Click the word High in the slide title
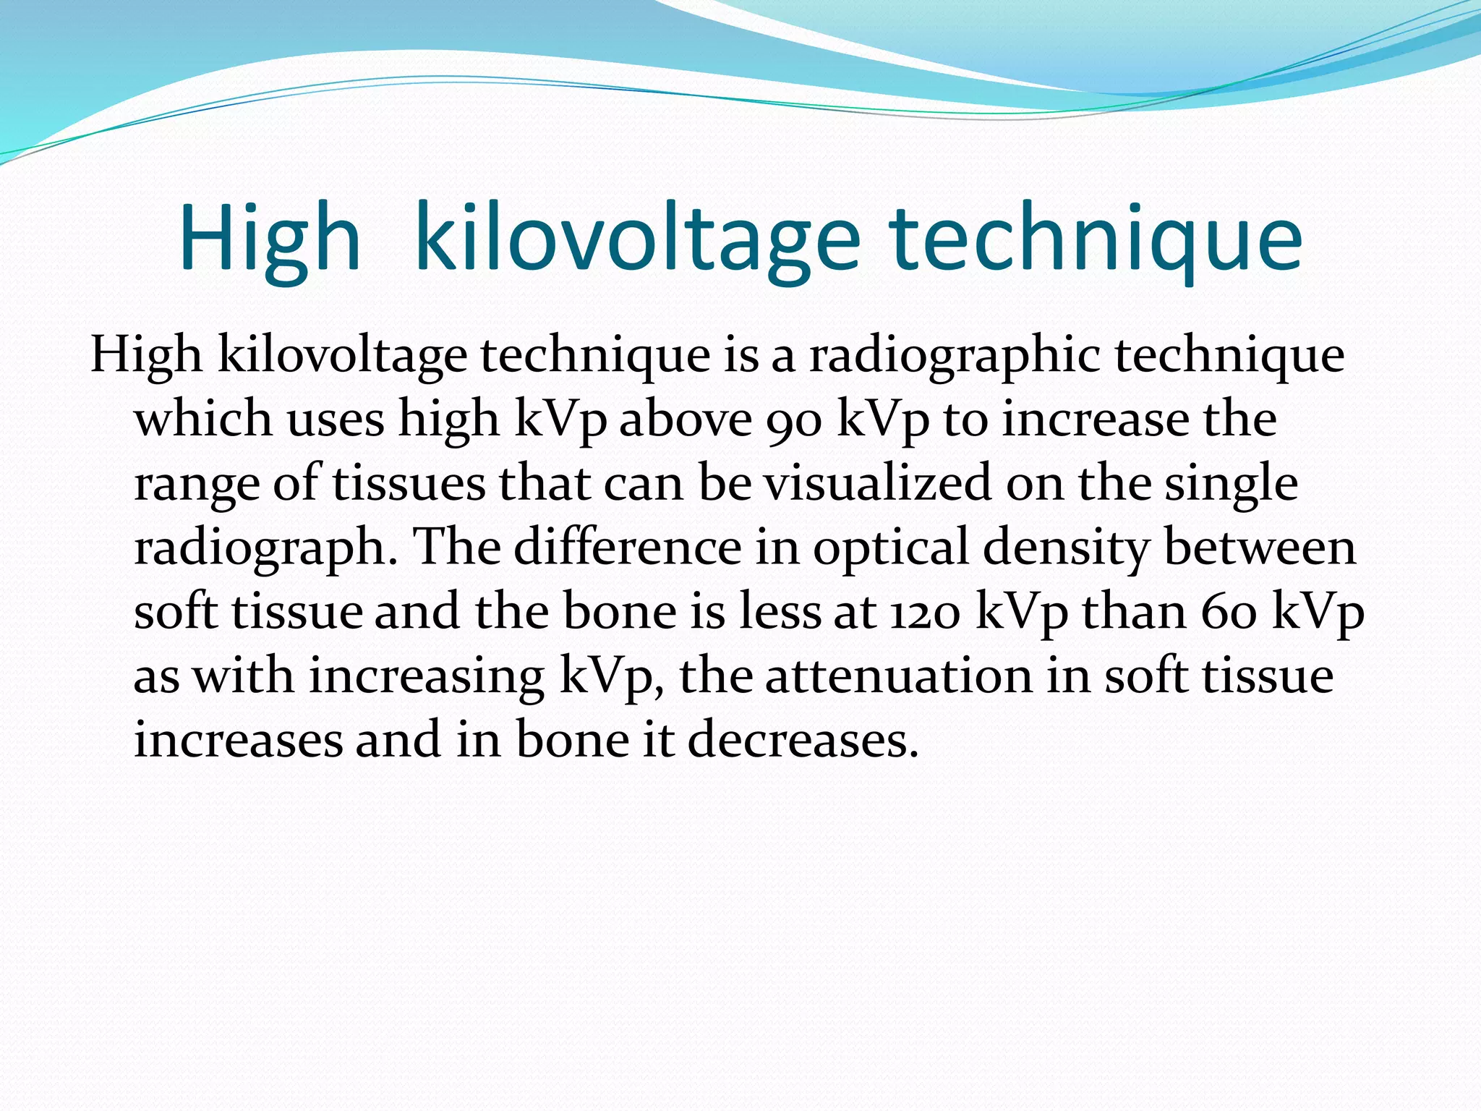pyautogui.click(x=269, y=239)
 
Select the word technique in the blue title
pyautogui.click(x=1096, y=239)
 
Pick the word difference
pyautogui.click(x=627, y=547)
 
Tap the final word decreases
pyautogui.click(x=803, y=740)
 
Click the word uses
pyautogui.click(x=336, y=421)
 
